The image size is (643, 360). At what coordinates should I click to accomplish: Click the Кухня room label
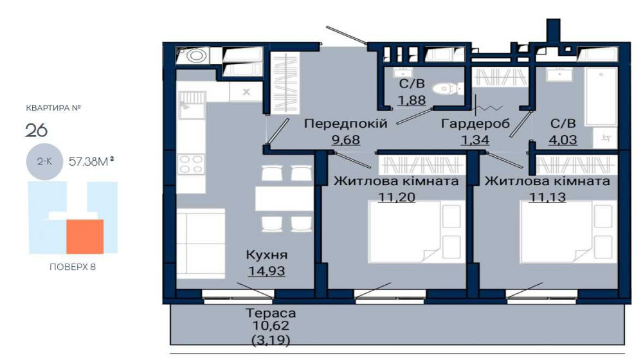[x=267, y=255]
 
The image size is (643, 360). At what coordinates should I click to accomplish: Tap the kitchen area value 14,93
[x=267, y=271]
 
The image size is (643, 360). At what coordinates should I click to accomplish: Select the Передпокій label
[x=346, y=123]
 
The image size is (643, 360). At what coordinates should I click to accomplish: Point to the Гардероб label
[x=475, y=123]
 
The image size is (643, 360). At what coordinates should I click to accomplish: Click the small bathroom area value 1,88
[x=412, y=100]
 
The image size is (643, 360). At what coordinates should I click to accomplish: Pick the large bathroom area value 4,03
[x=563, y=139]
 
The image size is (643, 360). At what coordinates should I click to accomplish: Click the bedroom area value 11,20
[x=397, y=197]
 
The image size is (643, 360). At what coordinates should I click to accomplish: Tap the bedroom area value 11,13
[x=547, y=197]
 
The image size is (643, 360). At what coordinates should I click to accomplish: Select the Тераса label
[x=271, y=313]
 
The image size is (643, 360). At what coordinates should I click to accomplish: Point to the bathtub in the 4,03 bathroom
[x=601, y=97]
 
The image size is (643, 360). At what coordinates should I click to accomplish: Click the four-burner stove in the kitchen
[x=191, y=164]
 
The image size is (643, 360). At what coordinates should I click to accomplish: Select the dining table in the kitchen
[x=284, y=199]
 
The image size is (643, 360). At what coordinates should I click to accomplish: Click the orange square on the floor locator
[x=85, y=237]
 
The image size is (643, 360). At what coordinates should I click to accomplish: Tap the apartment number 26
[x=37, y=130]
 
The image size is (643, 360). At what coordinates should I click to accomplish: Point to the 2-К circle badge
[x=44, y=161]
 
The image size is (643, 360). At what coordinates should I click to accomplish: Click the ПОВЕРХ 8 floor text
[x=73, y=267]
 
